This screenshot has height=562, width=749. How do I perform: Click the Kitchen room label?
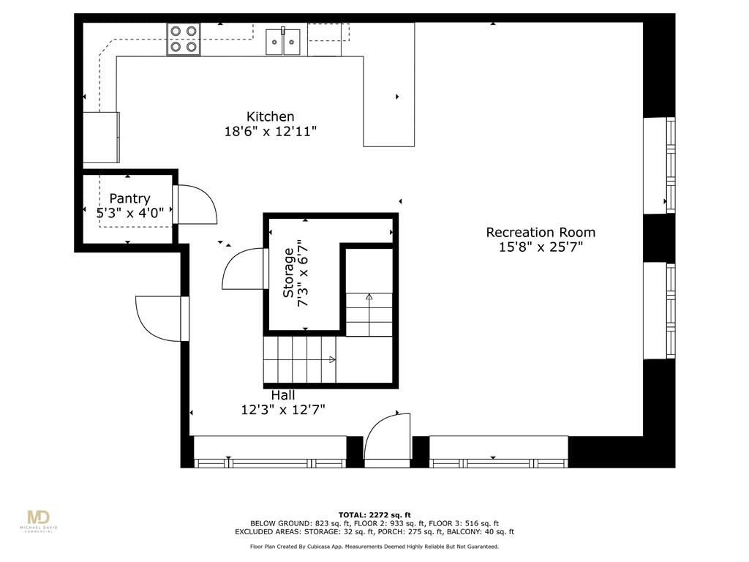point(270,116)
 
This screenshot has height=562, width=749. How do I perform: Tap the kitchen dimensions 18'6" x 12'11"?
point(270,132)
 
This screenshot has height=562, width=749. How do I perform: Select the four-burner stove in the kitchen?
point(184,40)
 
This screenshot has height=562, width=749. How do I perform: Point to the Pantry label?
point(129,198)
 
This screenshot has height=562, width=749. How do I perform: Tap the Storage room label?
point(289,272)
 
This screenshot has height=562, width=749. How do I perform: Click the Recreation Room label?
point(541,232)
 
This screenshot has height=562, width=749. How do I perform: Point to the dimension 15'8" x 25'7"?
point(541,247)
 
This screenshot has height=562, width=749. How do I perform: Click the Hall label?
point(283,395)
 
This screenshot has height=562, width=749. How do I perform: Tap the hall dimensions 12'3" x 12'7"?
point(283,410)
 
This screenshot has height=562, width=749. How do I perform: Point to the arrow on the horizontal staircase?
point(331,359)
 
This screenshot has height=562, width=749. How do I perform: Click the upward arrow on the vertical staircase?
point(369,297)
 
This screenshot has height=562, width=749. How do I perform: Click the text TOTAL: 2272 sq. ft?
point(374,514)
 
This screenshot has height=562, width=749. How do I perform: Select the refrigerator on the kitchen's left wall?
point(101,137)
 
